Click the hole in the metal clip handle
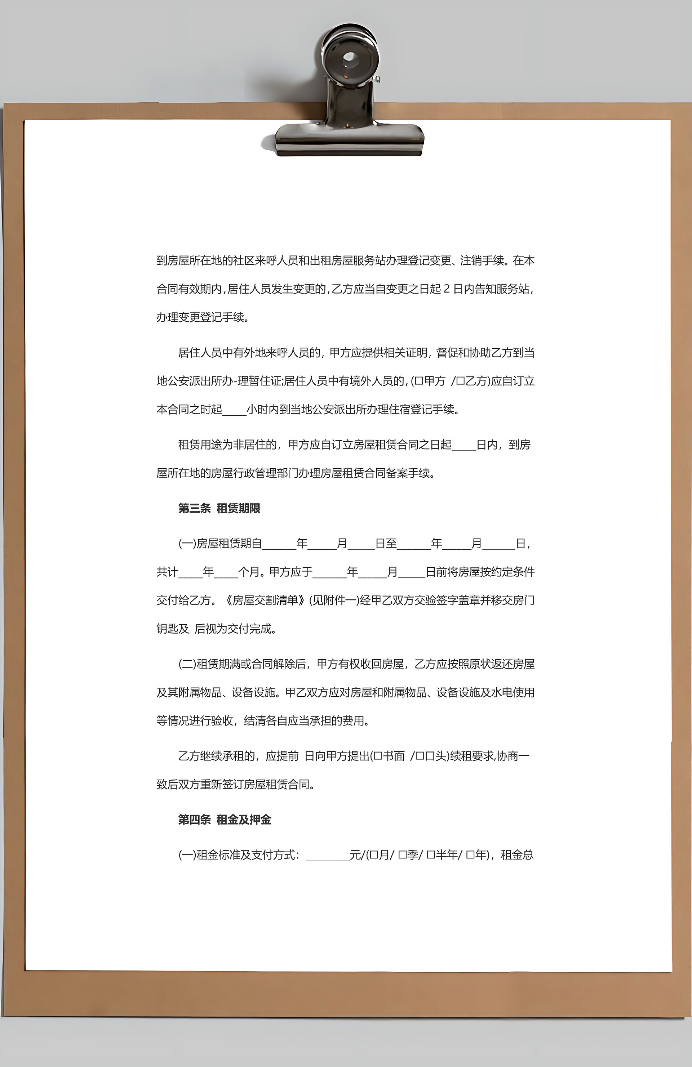tap(350, 58)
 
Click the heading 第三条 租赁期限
tap(219, 508)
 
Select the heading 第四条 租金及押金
tap(224, 820)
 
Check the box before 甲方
tap(419, 381)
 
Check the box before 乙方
tap(460, 381)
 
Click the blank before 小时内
tap(234, 411)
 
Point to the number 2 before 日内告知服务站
tap(447, 289)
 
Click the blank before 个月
tap(226, 573)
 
